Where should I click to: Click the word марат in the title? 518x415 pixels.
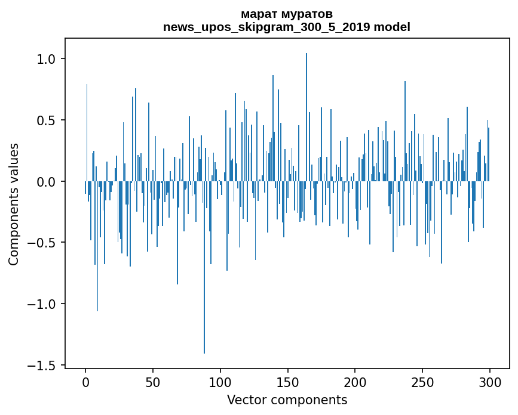pyautogui.click(x=258, y=14)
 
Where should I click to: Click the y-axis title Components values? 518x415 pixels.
pyautogui.click(x=14, y=204)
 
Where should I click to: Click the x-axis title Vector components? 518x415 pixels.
pyautogui.click(x=287, y=400)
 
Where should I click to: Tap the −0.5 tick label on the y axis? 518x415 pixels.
pyautogui.click(x=42, y=243)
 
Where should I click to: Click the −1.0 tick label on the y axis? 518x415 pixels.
pyautogui.click(x=42, y=304)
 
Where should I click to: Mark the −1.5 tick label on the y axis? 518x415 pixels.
pyautogui.click(x=42, y=366)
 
